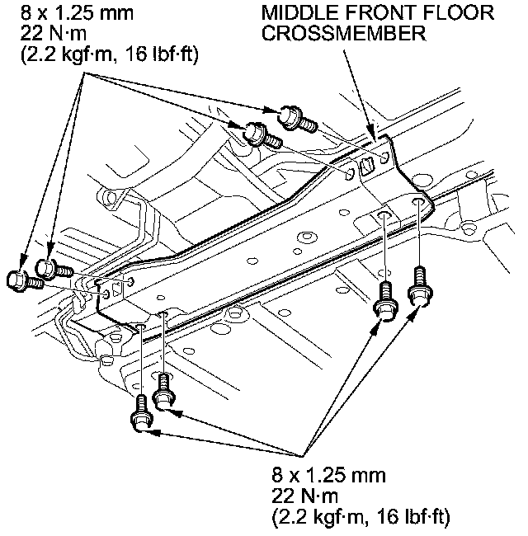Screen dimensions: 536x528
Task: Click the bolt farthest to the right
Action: [421, 287]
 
